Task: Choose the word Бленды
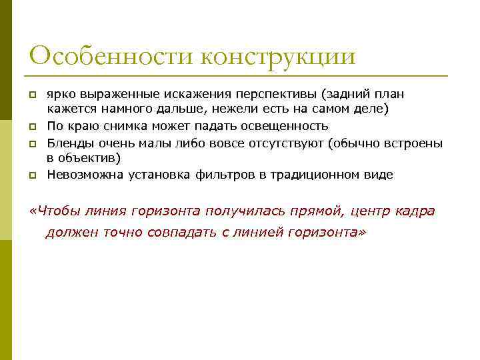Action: pos(69,142)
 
